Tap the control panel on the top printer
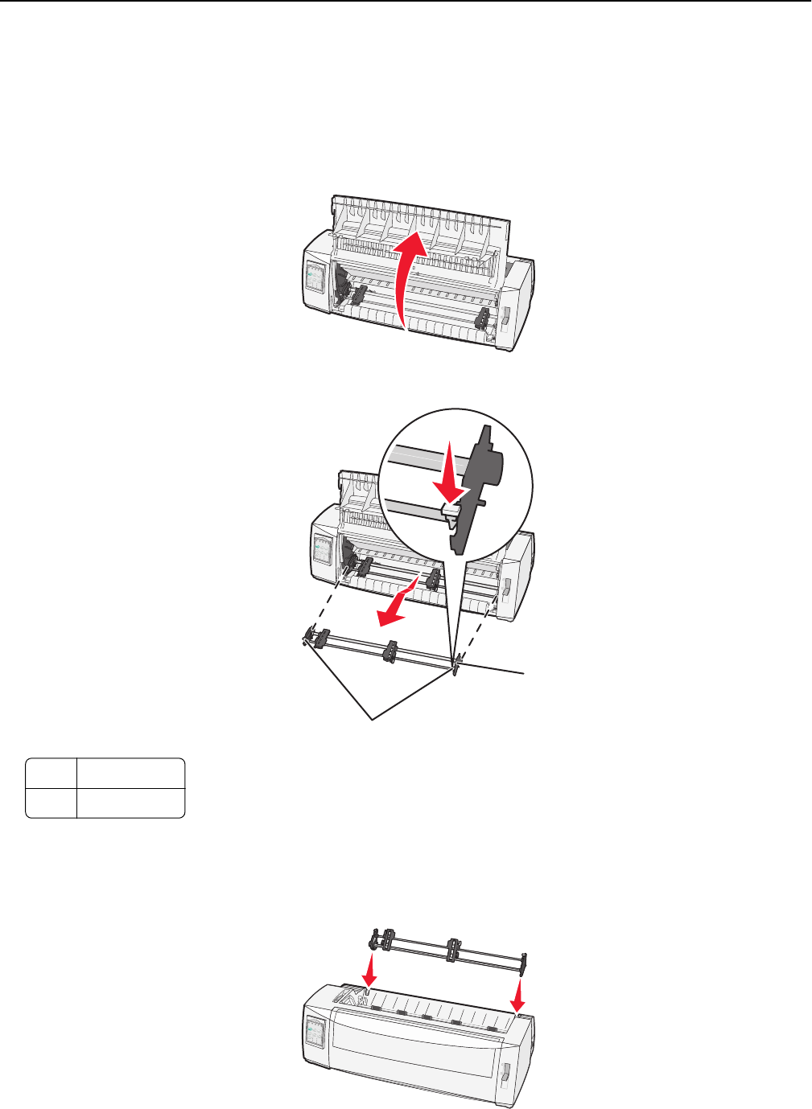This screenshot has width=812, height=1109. point(315,280)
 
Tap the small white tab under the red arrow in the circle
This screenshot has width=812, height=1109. point(450,509)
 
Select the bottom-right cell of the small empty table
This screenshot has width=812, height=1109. point(130,803)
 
